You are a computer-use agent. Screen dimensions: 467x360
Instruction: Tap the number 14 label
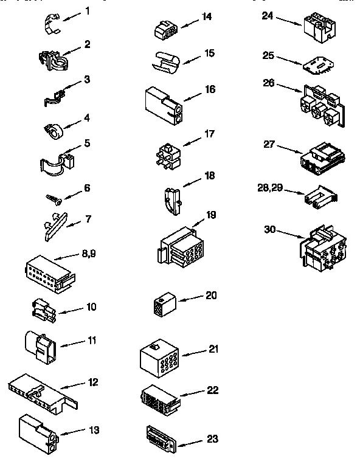pyautogui.click(x=207, y=16)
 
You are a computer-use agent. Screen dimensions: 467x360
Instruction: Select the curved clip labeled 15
pyautogui.click(x=165, y=61)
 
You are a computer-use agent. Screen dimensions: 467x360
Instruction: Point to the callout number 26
pyautogui.click(x=269, y=82)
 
